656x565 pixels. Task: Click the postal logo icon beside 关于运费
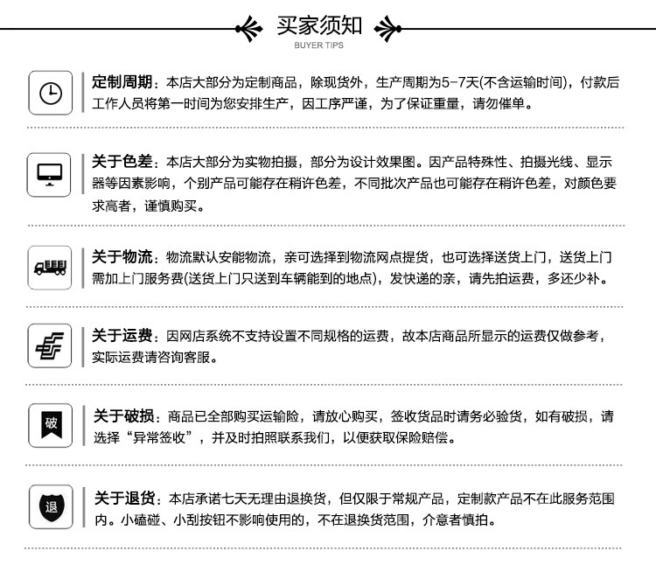(51, 345)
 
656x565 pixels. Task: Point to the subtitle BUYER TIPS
(319, 45)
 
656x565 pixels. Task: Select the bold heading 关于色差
(122, 162)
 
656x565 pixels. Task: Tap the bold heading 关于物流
(122, 257)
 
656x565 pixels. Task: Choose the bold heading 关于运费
(122, 337)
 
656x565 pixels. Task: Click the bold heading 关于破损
(123, 415)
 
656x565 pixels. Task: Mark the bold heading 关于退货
(123, 499)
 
